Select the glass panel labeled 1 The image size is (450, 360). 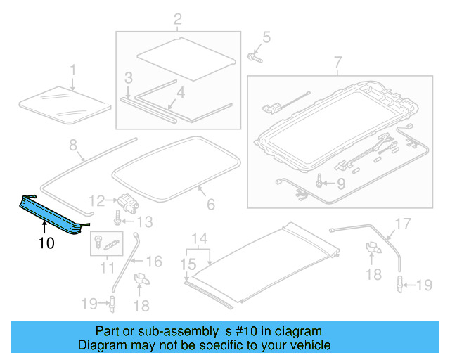tap(63, 102)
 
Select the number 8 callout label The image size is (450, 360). tap(72, 145)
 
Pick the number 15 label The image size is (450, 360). tap(186, 266)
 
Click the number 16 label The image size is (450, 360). tap(154, 262)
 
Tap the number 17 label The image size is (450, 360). tap(401, 225)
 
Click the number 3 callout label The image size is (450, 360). tap(128, 77)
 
